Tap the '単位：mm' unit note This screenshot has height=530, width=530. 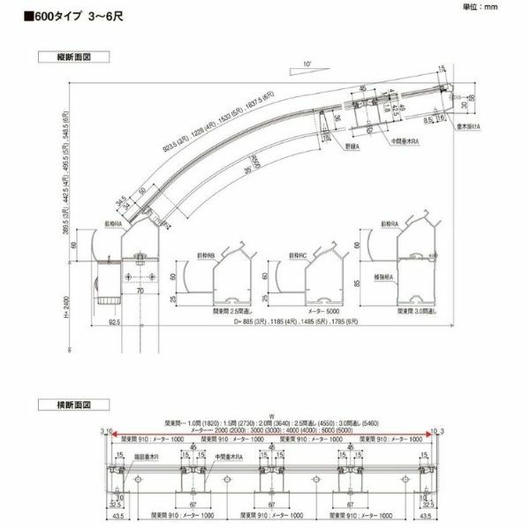point(506,6)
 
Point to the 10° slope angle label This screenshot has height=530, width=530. point(307,64)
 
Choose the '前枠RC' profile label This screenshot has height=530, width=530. point(298,257)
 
